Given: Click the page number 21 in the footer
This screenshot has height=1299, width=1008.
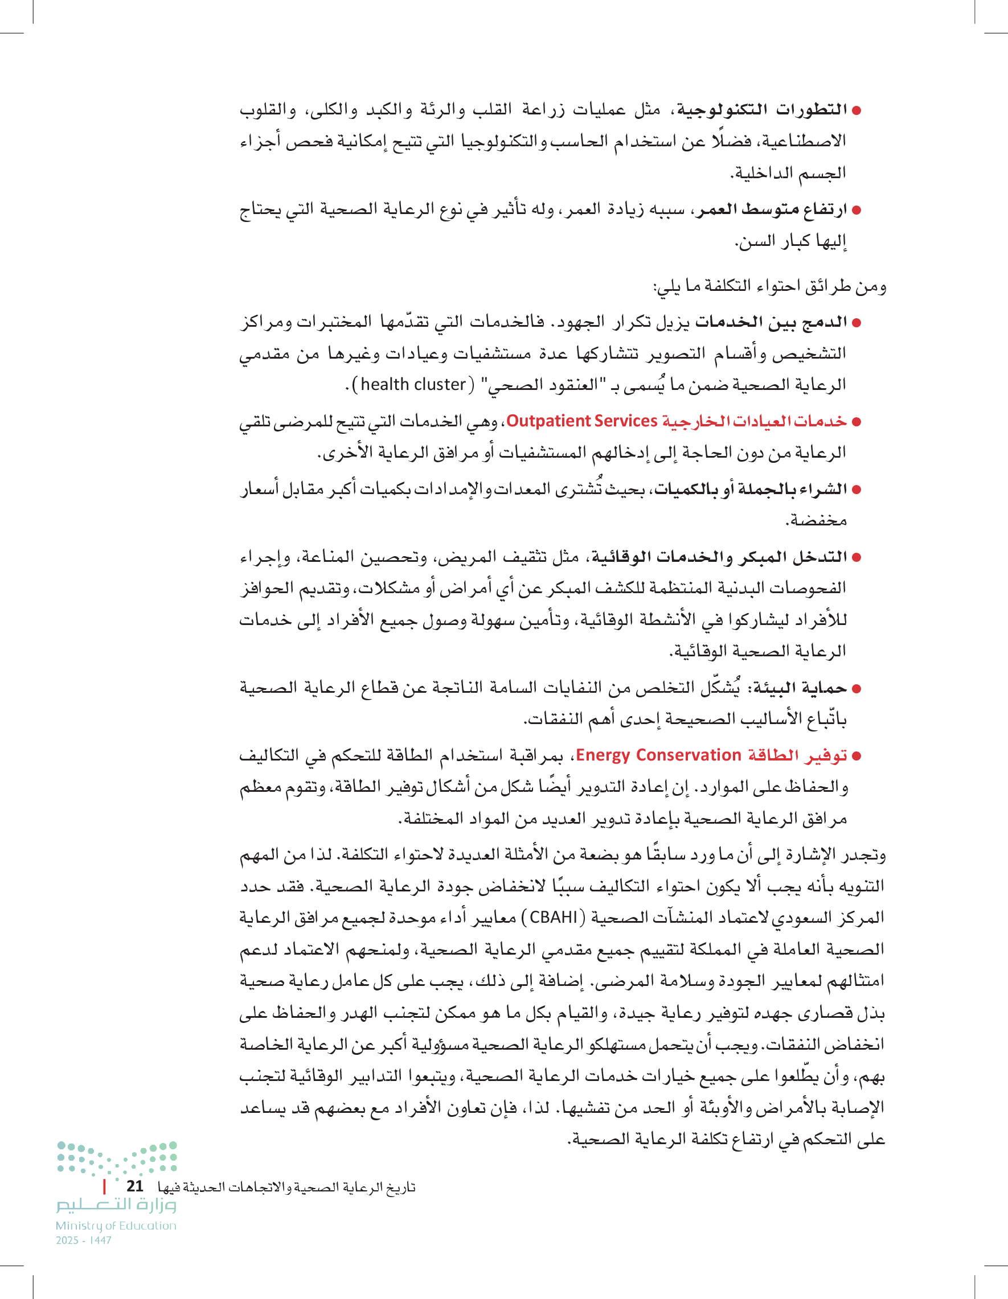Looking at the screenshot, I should point(135,1185).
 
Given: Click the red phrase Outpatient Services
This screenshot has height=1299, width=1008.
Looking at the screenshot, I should point(581,421).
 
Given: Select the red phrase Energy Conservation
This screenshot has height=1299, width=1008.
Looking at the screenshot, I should point(658,755).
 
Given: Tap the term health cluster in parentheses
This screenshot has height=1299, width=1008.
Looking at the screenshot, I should point(413,385).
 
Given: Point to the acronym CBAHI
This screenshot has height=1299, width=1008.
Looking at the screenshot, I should point(554,917).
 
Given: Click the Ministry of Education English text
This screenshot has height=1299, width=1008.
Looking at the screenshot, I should point(116,1226).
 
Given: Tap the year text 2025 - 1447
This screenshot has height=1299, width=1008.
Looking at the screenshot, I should point(84,1240).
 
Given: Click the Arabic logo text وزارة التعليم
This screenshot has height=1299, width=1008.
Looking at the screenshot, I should point(117,1205).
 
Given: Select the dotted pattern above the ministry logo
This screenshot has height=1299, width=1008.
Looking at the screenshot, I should point(117,1157).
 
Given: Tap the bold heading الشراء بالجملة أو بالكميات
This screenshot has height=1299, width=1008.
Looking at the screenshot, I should point(751,490).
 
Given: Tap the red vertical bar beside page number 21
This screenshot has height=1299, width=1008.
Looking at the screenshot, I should point(105,1186).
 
